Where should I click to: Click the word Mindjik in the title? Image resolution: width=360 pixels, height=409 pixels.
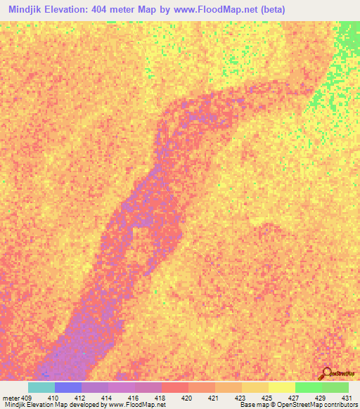coord(28,10)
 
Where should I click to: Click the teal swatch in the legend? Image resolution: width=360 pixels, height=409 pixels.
coord(41,387)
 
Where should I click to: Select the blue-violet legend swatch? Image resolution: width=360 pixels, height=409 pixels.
coord(67,387)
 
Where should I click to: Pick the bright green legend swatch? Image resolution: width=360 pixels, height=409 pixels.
coord(308,387)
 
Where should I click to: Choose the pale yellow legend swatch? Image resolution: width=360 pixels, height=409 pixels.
coord(281,387)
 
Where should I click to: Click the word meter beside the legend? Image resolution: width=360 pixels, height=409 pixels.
coord(11,398)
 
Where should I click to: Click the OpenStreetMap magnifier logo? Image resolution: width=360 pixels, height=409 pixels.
coord(326,374)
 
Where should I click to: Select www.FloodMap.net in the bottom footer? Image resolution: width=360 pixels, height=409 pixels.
coord(138,405)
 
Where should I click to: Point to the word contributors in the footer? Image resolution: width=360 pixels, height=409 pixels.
coord(340,405)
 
